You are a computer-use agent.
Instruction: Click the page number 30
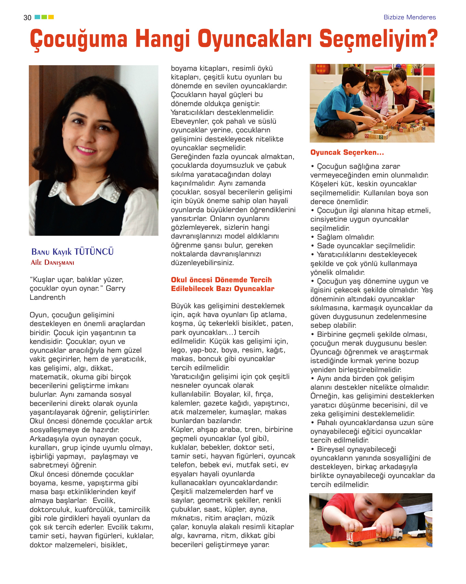click(x=27, y=18)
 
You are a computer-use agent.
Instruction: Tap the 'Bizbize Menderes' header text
click(x=409, y=17)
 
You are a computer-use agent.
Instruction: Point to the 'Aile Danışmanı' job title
click(x=52, y=262)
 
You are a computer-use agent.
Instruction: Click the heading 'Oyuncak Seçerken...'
click(x=347, y=152)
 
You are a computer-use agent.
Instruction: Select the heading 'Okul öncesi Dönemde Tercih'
click(x=221, y=280)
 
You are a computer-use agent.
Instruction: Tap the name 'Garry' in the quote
click(x=115, y=288)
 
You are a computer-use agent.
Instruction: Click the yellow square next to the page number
click(x=51, y=17)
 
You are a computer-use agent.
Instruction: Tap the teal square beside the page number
click(x=37, y=17)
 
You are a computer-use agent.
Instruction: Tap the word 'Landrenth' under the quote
click(x=47, y=297)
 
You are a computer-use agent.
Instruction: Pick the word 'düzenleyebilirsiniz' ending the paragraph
click(x=202, y=262)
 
